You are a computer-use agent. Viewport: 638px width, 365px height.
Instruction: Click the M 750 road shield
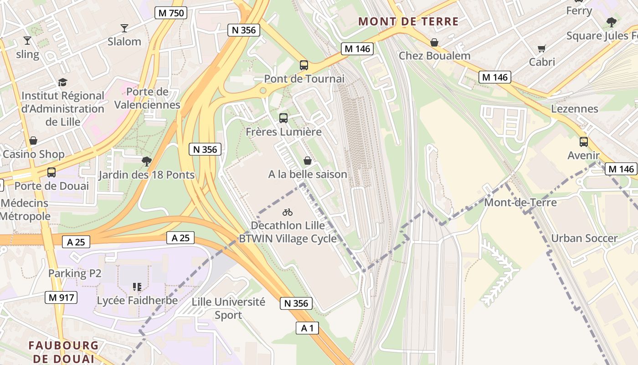[x=171, y=13]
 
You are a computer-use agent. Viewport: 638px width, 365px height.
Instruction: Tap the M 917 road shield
[x=61, y=298]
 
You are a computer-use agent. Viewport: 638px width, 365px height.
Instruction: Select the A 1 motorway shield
[x=307, y=328]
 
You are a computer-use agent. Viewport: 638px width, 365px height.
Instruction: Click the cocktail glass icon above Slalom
[x=124, y=28]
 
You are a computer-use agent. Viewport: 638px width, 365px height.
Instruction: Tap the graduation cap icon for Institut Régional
[x=62, y=83]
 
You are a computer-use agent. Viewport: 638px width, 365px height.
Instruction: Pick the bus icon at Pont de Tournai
[x=304, y=65]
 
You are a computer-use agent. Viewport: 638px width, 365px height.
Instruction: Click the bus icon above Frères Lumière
[x=283, y=118]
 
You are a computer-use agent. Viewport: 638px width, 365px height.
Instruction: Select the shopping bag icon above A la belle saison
[x=308, y=161]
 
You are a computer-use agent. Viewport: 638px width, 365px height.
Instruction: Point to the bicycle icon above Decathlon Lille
[x=287, y=212]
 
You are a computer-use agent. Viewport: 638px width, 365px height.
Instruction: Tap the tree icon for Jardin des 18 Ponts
[x=146, y=161]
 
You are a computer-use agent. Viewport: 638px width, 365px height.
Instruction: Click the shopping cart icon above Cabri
[x=542, y=48]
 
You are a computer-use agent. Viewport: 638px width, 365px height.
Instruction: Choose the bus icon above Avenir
[x=583, y=141]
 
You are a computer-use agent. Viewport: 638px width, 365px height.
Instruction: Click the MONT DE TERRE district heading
[x=408, y=21]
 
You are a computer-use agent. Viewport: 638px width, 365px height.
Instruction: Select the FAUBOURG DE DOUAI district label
[x=63, y=351]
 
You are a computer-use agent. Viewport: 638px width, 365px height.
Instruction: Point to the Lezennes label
[x=575, y=109]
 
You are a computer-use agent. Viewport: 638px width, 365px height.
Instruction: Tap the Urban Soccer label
[x=584, y=238]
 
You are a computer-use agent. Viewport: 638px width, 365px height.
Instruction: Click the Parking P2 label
[x=75, y=273]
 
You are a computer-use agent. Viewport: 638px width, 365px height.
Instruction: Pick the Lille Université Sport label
[x=228, y=308]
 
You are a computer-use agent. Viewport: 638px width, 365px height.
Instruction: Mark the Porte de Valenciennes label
[x=147, y=98]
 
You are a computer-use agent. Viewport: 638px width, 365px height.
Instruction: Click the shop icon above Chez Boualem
[x=434, y=42]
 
